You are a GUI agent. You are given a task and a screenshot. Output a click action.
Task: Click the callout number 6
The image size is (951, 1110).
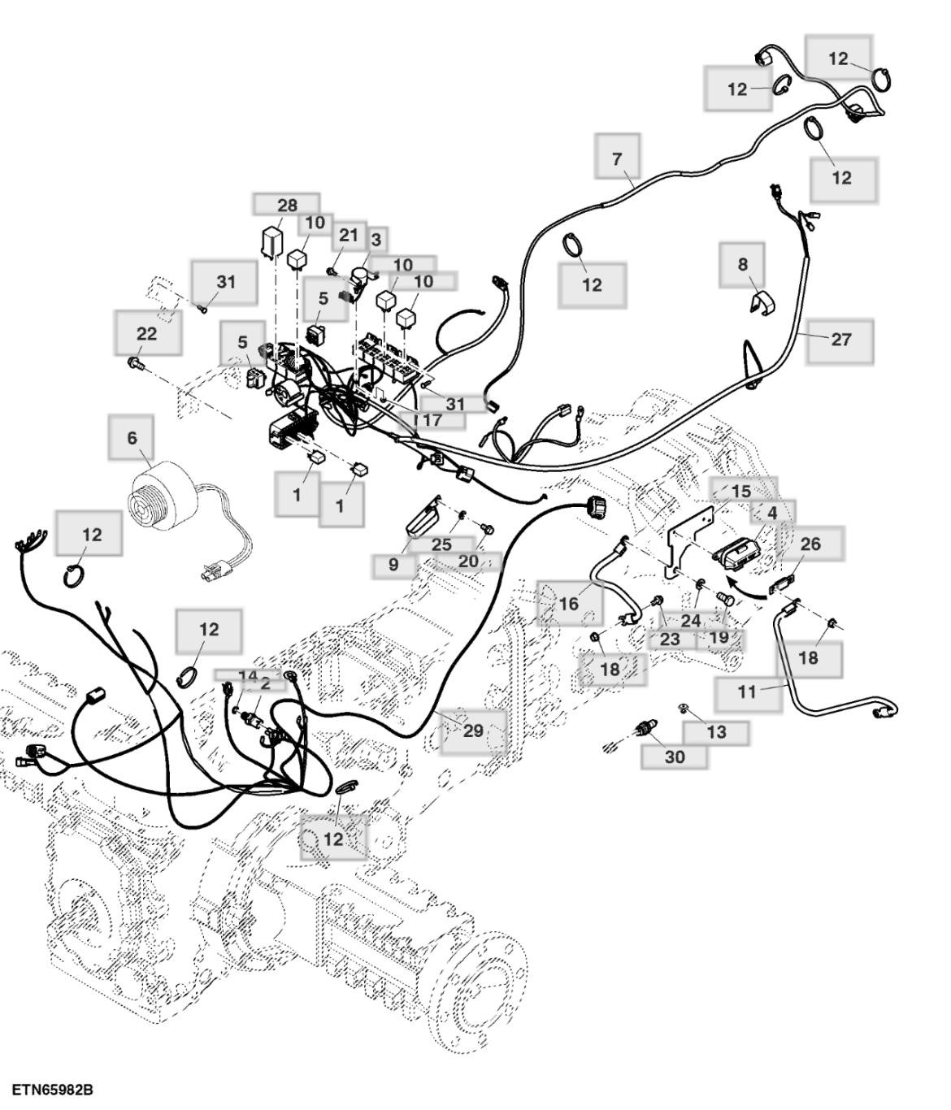coord(132,438)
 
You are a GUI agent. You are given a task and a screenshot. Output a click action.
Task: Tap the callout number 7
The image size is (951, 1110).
coord(617,158)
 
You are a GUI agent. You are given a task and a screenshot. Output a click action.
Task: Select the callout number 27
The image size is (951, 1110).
coord(840,340)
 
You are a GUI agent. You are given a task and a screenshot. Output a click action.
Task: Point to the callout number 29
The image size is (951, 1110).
coord(473,731)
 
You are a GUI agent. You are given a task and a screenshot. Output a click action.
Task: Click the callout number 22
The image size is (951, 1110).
coord(147,334)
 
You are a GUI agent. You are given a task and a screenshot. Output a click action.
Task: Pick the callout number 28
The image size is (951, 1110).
coord(287,205)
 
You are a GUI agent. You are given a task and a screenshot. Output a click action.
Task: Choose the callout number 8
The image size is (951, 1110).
coord(742,264)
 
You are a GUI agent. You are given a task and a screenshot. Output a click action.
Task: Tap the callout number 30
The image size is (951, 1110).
coord(675,757)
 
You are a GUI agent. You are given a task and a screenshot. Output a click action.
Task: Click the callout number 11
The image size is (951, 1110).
coord(747,692)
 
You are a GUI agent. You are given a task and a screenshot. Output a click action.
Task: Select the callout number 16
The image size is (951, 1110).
coord(569,603)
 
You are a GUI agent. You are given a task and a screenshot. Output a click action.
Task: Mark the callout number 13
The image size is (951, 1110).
coord(716,732)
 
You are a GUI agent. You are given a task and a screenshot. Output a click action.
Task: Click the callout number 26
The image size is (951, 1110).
coord(810,544)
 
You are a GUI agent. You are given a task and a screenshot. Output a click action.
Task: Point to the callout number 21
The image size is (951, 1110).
coord(348,236)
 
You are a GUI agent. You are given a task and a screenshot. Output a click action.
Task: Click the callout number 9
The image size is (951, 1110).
coord(393,564)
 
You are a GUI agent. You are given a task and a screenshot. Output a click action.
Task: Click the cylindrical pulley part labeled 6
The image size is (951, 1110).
coord(165,497)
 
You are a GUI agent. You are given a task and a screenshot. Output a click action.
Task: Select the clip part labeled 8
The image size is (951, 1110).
coord(759,301)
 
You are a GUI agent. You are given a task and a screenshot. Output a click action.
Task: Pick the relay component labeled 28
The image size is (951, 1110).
coord(271,241)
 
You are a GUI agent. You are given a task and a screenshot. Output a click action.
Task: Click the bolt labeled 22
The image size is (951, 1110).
coord(135,362)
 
